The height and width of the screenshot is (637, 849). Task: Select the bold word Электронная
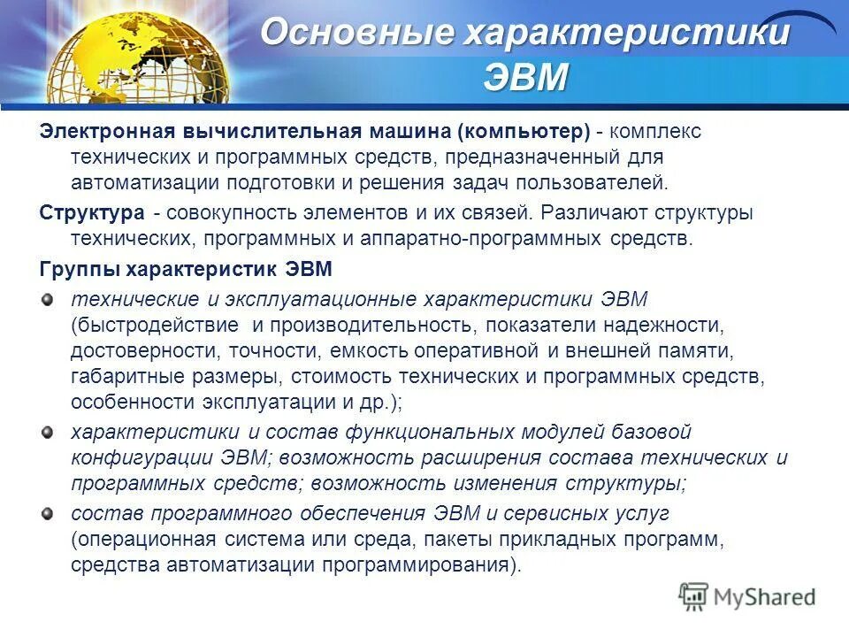106,132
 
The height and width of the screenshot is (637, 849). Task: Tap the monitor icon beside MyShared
694,596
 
